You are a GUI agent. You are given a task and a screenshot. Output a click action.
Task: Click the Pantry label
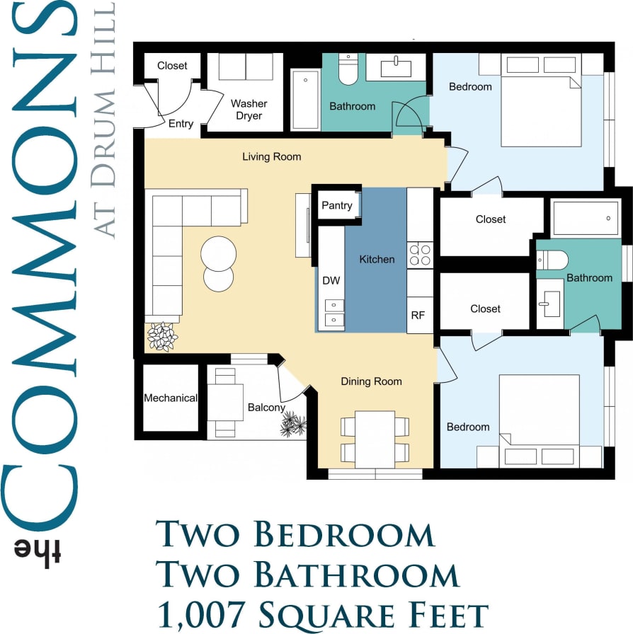coord(337,205)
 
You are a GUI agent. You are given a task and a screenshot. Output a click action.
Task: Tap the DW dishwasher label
coord(331,280)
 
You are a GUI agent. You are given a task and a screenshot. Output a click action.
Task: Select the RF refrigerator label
coord(418,315)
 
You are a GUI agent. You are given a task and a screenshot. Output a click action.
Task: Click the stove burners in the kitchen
coord(421,255)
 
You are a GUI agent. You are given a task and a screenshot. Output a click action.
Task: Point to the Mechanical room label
coord(170,398)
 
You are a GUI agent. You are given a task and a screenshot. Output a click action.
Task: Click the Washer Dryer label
coord(249,110)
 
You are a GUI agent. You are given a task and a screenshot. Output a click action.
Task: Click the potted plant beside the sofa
coord(163,336)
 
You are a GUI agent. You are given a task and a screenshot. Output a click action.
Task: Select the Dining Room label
coord(371,381)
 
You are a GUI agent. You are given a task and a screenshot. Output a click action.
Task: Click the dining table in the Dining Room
coord(375,439)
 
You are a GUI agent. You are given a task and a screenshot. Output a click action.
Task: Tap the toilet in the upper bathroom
coord(348,69)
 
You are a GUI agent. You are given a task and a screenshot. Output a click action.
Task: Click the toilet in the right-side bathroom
coord(552,260)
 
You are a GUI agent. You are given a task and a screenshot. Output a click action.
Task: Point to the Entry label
coord(181,124)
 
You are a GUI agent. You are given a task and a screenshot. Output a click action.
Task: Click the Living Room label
coord(271,156)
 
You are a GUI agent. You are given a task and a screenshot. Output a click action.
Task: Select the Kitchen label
coord(377,259)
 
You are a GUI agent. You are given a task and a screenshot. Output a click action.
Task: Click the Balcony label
coord(266,408)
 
